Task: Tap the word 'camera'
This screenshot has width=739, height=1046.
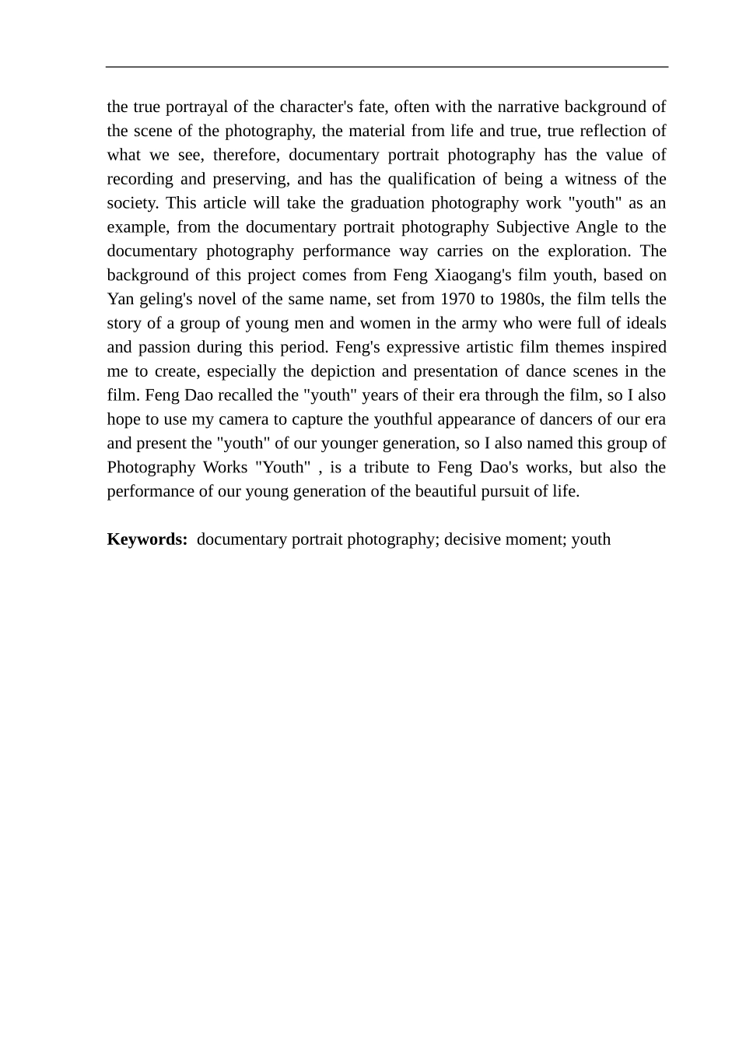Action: [x=243, y=419]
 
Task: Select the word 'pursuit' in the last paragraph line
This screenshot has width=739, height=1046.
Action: [x=506, y=492]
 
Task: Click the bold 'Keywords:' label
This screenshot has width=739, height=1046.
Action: [x=147, y=539]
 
